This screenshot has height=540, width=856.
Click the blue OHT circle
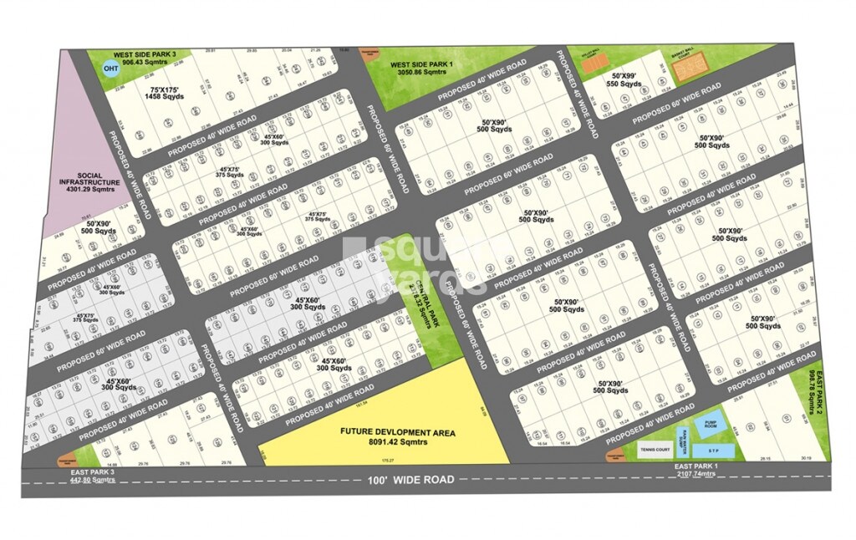coord(110,69)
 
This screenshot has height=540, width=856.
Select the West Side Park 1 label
coord(421,64)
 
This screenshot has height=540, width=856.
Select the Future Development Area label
coord(397,432)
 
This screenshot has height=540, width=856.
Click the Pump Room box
coord(711,425)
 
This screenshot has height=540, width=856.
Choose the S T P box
coord(713,451)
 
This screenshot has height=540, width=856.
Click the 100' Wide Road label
coord(410,480)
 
